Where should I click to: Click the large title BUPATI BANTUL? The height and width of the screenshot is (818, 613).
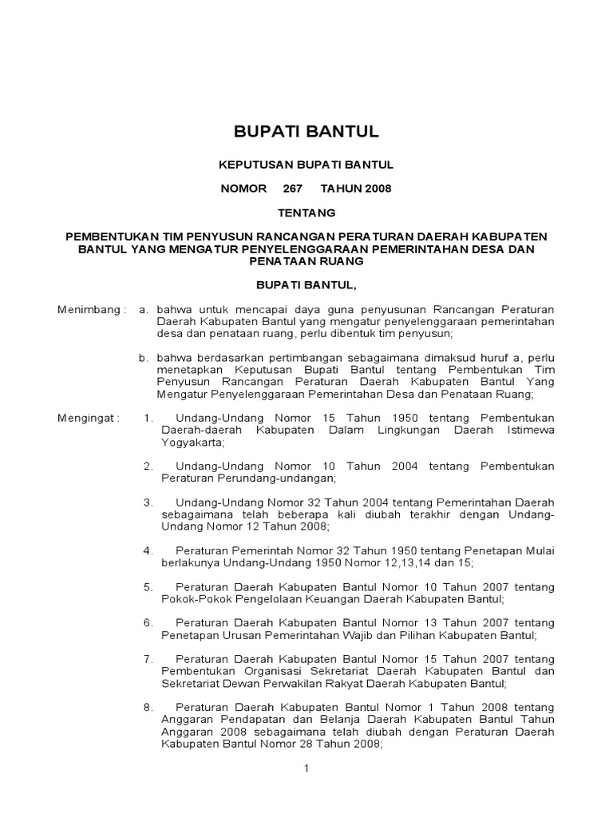[x=306, y=131]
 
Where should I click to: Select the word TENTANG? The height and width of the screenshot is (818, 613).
[x=306, y=212]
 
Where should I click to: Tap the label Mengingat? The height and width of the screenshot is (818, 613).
[x=88, y=418]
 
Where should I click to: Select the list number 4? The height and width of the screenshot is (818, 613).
[x=148, y=550]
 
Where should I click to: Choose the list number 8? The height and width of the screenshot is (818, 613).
[x=148, y=707]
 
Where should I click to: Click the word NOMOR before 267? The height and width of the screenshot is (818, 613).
[x=243, y=189]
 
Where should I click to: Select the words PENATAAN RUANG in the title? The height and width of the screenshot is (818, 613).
[x=306, y=261]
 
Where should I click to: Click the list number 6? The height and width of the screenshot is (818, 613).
[x=148, y=622]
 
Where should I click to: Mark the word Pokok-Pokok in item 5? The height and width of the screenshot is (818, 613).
[x=194, y=598]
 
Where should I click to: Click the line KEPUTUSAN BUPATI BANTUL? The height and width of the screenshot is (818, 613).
[x=306, y=165]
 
